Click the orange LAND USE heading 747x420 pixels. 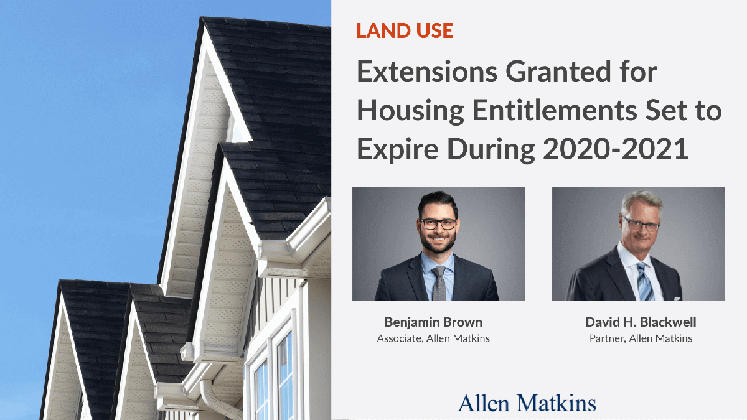[405, 30]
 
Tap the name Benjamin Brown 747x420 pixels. [434, 322]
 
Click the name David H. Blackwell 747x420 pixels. [641, 322]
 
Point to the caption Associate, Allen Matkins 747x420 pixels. [435, 339]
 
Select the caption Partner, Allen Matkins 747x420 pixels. [641, 339]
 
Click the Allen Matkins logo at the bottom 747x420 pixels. [527, 403]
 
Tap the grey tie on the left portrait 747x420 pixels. [439, 283]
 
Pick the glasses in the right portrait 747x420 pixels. [641, 225]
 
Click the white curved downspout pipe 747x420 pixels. [215, 398]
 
